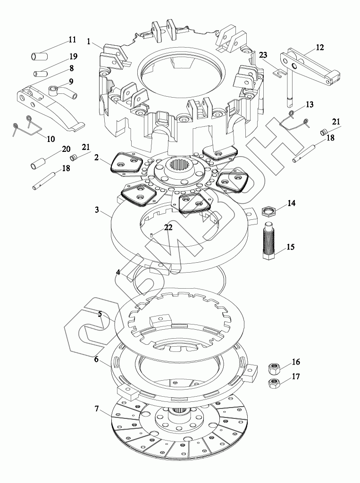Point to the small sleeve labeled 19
tap(41, 74)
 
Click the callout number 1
tap(89, 42)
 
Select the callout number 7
tap(97, 408)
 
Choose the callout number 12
tap(320, 47)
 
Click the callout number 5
tap(100, 314)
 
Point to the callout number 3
tap(97, 209)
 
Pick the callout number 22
tap(168, 227)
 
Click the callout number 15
tap(290, 247)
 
